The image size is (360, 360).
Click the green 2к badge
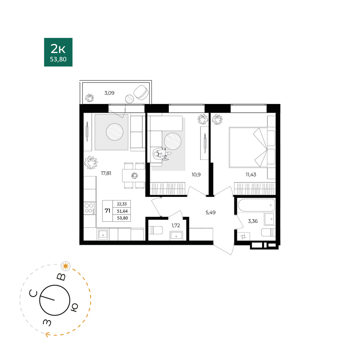(58, 52)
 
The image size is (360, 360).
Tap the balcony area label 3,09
(109, 93)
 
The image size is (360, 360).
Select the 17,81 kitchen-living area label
(106, 174)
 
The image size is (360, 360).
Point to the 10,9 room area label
(196, 175)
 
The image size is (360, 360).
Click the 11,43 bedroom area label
(251, 175)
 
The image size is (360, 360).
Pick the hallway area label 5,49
(211, 213)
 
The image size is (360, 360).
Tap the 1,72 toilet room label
(176, 225)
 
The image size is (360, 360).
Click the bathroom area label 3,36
(253, 221)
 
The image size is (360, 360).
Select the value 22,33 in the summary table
(122, 204)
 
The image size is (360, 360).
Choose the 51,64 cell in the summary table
(122, 211)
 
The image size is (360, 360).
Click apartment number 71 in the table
(107, 211)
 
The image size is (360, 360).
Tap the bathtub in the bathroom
(256, 205)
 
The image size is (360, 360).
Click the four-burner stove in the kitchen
(90, 208)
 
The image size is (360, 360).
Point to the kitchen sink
(103, 235)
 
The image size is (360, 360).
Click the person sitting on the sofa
(162, 154)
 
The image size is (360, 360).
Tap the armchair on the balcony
(141, 92)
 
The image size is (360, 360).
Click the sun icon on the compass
(66, 266)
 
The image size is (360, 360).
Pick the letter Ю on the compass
(74, 307)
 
